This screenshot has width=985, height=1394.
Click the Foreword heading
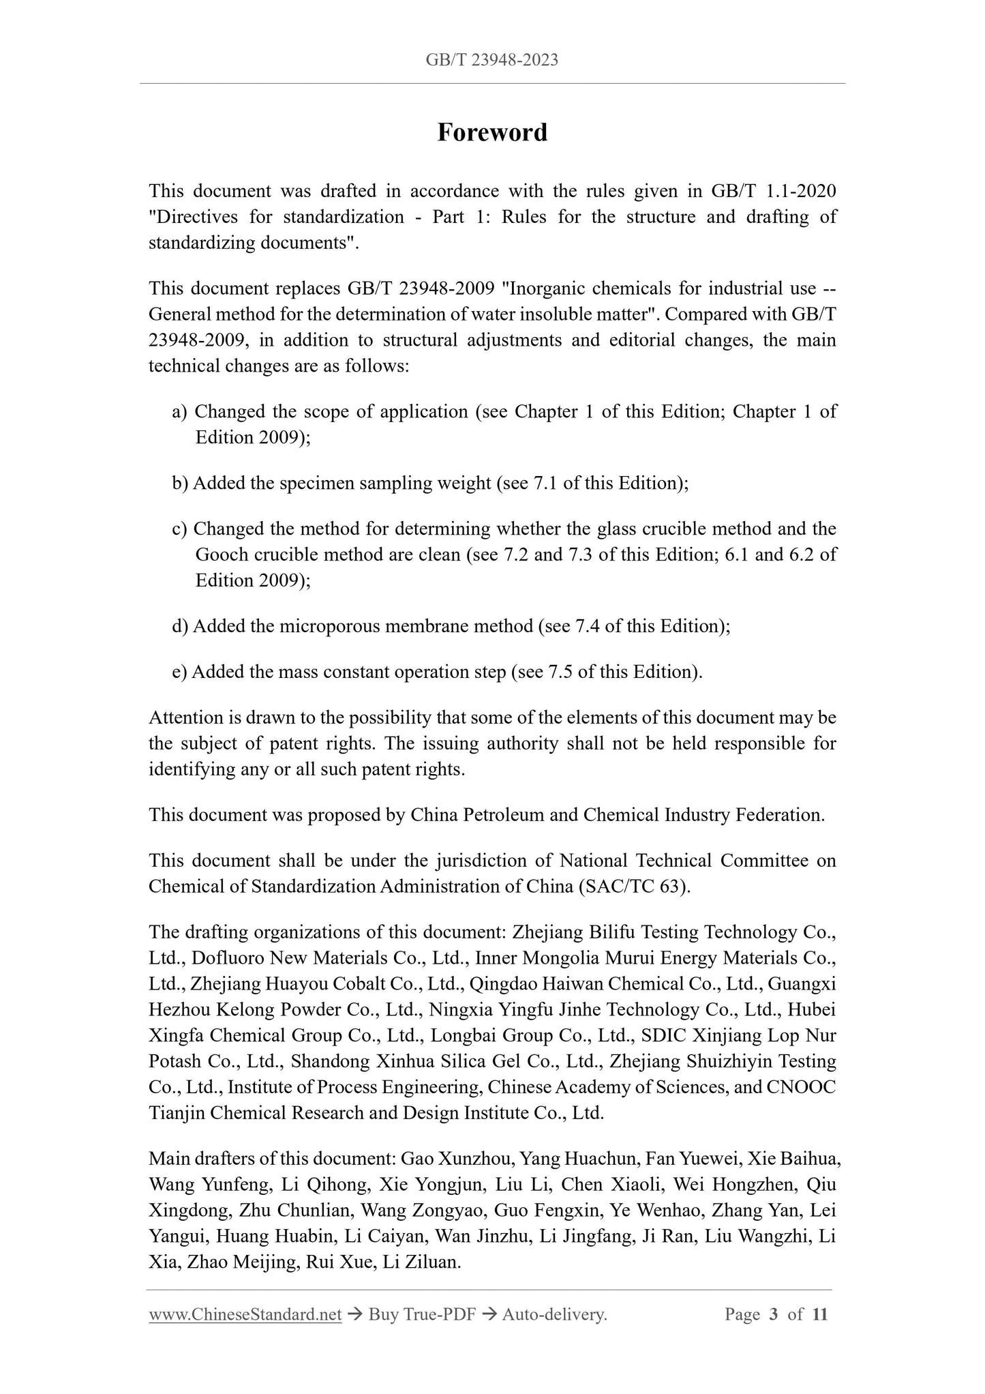click(492, 132)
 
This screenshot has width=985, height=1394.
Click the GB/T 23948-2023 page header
click(492, 60)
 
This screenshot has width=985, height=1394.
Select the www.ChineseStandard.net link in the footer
click(245, 1314)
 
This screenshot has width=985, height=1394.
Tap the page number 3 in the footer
click(773, 1314)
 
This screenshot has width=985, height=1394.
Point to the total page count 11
click(820, 1314)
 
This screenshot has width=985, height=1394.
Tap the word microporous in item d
click(323, 626)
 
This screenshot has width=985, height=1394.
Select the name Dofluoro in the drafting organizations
click(228, 958)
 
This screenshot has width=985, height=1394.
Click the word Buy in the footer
click(383, 1314)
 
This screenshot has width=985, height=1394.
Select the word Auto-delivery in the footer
click(554, 1314)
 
